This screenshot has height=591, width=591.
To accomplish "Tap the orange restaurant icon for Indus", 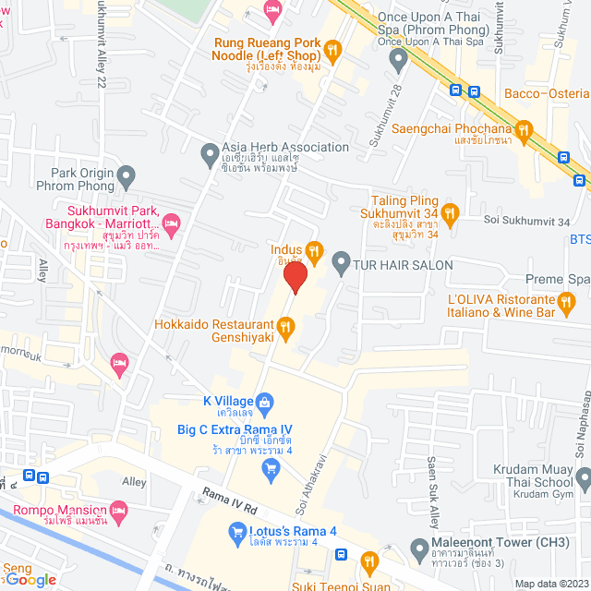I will tap(314, 249).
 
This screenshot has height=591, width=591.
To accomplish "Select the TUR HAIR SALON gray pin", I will tap(341, 264).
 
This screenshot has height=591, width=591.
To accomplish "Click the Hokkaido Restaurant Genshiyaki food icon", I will tap(286, 326).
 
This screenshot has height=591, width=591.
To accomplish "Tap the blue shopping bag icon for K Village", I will tap(264, 401).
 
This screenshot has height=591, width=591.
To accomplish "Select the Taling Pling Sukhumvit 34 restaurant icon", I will tap(450, 213).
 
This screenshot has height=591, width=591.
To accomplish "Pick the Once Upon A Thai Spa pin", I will tap(398, 62).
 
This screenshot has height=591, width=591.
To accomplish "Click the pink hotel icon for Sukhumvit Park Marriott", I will tap(171, 223).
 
